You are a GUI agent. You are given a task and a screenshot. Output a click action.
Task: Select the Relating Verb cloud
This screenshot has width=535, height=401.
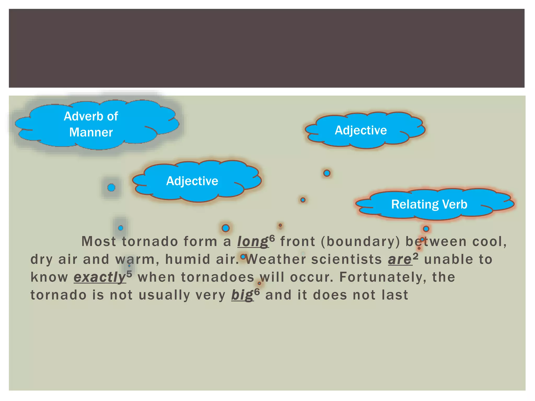(x=434, y=204)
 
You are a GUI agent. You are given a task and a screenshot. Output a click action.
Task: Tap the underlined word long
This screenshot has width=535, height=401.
(x=253, y=241)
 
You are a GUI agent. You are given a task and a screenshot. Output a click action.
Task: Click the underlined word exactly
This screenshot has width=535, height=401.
(x=100, y=277)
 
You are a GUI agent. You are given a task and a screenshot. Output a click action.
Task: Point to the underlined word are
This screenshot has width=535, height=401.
(x=400, y=260)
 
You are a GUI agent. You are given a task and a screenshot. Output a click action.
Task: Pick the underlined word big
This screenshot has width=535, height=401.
(x=242, y=295)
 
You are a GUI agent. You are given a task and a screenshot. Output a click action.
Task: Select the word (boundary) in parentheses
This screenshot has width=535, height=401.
(x=360, y=241)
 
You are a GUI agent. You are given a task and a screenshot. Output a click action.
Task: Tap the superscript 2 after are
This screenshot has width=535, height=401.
(x=416, y=256)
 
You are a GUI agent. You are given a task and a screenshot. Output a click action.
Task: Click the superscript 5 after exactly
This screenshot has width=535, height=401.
(x=129, y=274)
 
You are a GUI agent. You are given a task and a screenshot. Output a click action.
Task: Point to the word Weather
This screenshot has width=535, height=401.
(x=276, y=260)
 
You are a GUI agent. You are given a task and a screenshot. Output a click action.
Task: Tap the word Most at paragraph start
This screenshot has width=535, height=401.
(x=99, y=241)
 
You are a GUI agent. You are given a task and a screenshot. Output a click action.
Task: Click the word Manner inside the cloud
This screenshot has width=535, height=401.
(x=91, y=132)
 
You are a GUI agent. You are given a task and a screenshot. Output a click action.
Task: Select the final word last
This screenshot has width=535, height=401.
(x=394, y=295)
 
